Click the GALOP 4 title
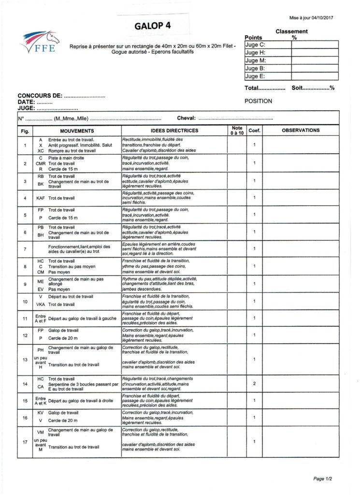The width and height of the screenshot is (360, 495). coord(153,25)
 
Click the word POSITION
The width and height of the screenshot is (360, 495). coord(259,101)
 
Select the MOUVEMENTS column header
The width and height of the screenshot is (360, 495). coord(74,131)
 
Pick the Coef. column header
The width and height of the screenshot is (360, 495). coord(254,131)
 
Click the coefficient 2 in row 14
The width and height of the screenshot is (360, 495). coord(254,383)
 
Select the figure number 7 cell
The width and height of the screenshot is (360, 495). coord(25,249)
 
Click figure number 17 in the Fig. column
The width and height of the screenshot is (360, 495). coord(25,442)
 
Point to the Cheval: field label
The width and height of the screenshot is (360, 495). coord(186,118)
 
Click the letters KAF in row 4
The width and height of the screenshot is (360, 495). coord(41,198)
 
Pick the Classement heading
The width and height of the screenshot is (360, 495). coord(291,31)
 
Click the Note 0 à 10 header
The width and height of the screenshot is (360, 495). coord(237,130)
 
